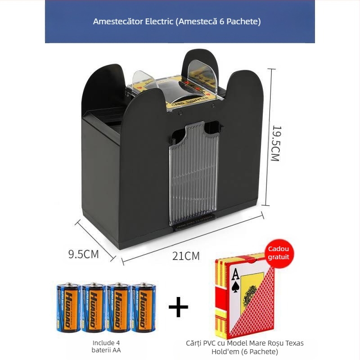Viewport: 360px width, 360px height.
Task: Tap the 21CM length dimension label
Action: pyautogui.click(x=186, y=256)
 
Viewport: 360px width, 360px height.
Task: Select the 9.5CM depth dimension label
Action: pyautogui.click(x=83, y=254)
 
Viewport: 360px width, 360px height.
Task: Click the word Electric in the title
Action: pyautogui.click(x=155, y=21)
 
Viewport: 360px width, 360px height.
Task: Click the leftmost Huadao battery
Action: pyautogui.click(x=68, y=308)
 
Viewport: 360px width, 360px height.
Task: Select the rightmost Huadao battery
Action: pyautogui.click(x=143, y=308)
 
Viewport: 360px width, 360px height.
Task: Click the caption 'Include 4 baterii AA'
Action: pyautogui.click(x=107, y=346)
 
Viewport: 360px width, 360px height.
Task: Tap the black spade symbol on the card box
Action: pyautogui.click(x=235, y=287)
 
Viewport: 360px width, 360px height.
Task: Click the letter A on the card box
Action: pyautogui.click(x=235, y=273)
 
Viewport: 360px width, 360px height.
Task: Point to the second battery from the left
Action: pyautogui.click(x=94, y=308)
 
